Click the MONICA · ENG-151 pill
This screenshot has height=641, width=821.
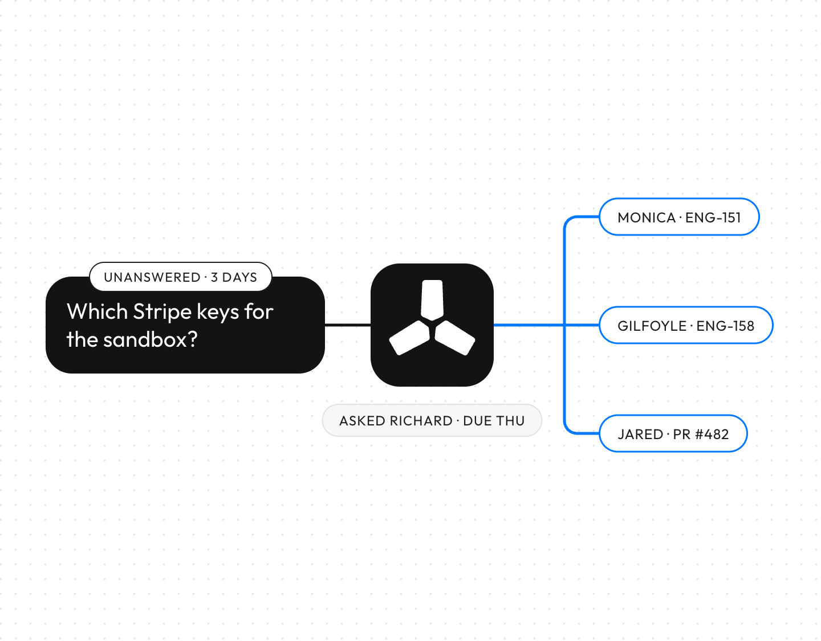pyautogui.click(x=679, y=217)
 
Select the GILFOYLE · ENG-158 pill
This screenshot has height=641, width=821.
pyautogui.click(x=686, y=325)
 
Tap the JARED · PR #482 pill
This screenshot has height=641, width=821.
pyautogui.click(x=673, y=433)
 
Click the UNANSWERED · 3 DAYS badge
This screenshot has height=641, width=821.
pyautogui.click(x=181, y=277)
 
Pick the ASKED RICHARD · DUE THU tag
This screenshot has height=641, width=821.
pyautogui.click(x=432, y=420)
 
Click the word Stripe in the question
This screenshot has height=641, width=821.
pyautogui.click(x=162, y=312)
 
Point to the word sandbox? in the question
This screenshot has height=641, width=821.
pyautogui.click(x=151, y=339)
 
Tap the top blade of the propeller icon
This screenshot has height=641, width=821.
pyautogui.click(x=432, y=300)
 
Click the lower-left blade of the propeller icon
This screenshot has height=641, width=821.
pyautogui.click(x=409, y=338)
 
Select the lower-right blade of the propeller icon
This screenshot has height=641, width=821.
pyautogui.click(x=455, y=338)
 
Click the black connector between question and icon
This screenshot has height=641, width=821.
pyautogui.click(x=348, y=325)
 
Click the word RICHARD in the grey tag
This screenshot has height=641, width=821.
pyautogui.click(x=421, y=421)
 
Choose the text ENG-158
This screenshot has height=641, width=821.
pyautogui.click(x=725, y=326)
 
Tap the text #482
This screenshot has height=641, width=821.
pyautogui.click(x=712, y=435)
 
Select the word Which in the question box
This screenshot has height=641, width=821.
pyautogui.click(x=97, y=311)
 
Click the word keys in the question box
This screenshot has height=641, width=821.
pyautogui.click(x=218, y=312)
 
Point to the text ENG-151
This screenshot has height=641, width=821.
pyautogui.click(x=713, y=218)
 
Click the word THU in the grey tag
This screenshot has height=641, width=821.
pyautogui.click(x=510, y=421)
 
